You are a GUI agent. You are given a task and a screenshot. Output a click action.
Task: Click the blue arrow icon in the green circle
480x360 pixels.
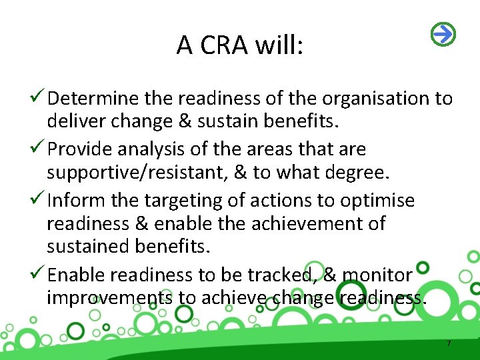pyautogui.click(x=443, y=33)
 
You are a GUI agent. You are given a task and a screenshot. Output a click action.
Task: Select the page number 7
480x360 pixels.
pyautogui.click(x=449, y=343)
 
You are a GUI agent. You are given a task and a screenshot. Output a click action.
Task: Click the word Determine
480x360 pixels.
pyautogui.click(x=94, y=99)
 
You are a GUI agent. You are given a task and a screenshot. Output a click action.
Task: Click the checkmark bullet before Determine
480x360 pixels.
pyautogui.click(x=38, y=99)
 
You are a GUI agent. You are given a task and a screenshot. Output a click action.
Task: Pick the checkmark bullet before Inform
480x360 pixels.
pyautogui.click(x=38, y=200)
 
